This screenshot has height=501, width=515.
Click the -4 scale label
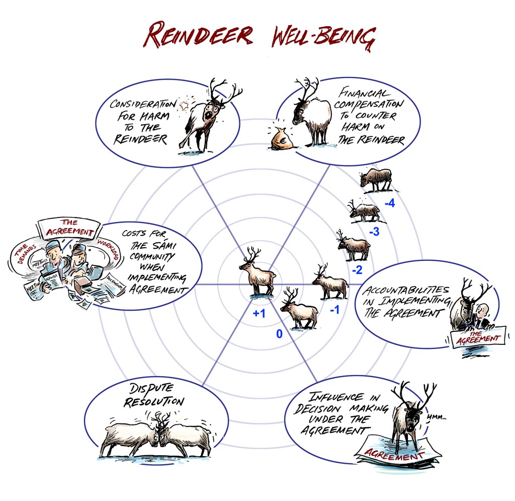(389, 204)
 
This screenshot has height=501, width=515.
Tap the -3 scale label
(374, 233)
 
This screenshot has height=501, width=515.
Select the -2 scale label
(357, 270)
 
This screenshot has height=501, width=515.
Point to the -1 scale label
(335, 310)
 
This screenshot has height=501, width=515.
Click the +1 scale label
(259, 314)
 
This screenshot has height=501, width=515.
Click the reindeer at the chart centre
(257, 271)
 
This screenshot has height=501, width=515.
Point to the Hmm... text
(436, 417)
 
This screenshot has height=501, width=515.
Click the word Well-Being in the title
(322, 36)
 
